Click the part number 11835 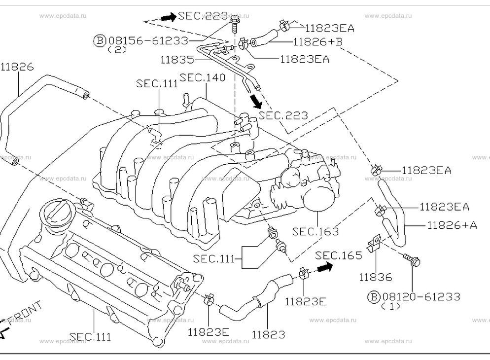click(177, 59)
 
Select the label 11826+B click(318, 41)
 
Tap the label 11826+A click(452, 225)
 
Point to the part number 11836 click(375, 277)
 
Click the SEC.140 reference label click(203, 77)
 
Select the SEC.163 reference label click(315, 231)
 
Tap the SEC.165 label click(339, 255)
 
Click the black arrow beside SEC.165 click(325, 267)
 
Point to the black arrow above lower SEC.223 click(256, 101)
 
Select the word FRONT click(25, 313)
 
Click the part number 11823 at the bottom click(268, 335)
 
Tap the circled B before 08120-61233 click(374, 296)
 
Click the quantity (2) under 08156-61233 click(117, 50)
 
